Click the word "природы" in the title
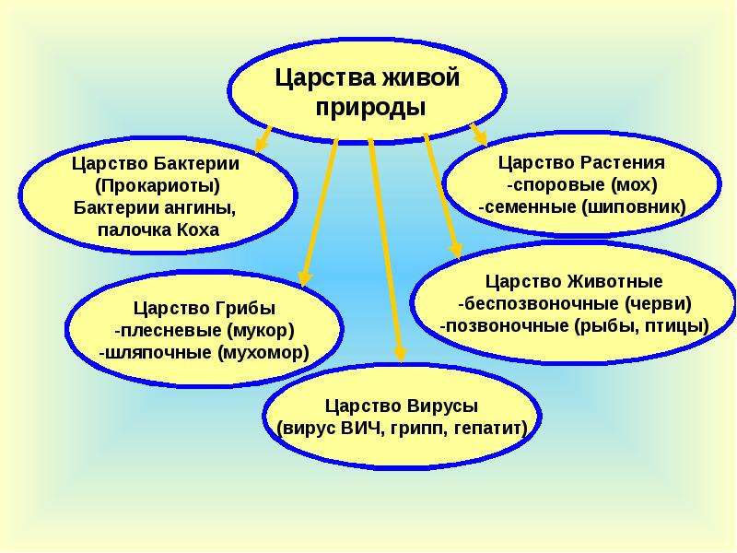click(370, 108)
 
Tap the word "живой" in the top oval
click(420, 77)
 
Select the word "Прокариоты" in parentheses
click(158, 186)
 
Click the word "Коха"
click(198, 229)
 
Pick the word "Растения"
click(623, 163)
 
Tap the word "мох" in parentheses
click(634, 185)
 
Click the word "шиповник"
click(634, 206)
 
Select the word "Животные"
click(615, 282)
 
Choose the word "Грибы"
click(245, 309)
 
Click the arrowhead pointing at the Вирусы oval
click(401, 353)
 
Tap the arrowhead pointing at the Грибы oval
click(305, 278)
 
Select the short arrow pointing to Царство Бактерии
click(263, 139)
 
